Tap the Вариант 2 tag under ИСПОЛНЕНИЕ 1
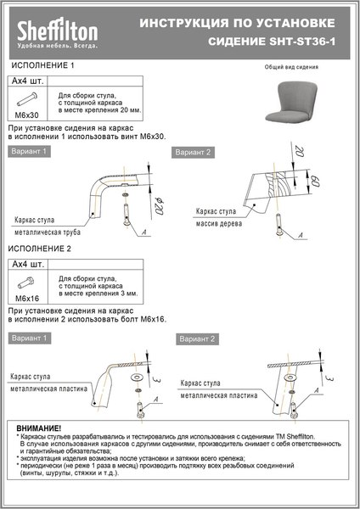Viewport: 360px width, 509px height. tap(193, 152)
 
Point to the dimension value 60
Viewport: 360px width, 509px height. tap(315, 181)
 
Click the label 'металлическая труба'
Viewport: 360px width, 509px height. tap(49, 229)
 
